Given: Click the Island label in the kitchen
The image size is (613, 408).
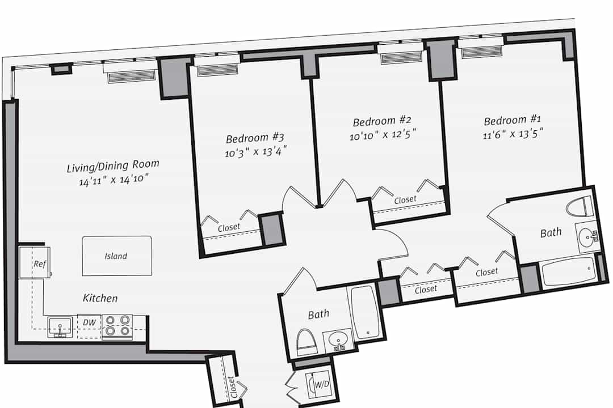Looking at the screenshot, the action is click(116, 256).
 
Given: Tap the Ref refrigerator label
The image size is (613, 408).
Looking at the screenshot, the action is click(40, 264).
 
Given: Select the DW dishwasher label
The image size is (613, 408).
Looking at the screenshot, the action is click(89, 322).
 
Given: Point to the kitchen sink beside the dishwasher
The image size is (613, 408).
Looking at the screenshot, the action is click(60, 327).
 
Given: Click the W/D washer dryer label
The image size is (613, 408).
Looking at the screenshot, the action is click(322, 384).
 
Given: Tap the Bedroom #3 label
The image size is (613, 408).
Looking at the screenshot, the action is click(255, 138).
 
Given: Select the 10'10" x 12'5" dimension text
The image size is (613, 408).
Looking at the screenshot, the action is click(383, 135).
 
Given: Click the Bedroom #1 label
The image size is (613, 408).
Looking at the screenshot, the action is click(512, 120).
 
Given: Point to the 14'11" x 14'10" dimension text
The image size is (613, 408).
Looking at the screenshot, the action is click(114, 180).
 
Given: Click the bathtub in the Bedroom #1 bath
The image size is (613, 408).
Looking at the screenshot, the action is click(568, 271).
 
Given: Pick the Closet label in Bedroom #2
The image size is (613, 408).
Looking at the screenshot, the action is click(405, 200).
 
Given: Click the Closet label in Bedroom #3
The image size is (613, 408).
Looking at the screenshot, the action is click(229, 227).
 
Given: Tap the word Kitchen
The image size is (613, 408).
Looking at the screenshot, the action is click(100, 298).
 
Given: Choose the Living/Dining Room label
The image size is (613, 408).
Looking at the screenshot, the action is click(113, 165).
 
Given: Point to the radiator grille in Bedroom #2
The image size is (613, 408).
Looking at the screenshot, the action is click(401, 58).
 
